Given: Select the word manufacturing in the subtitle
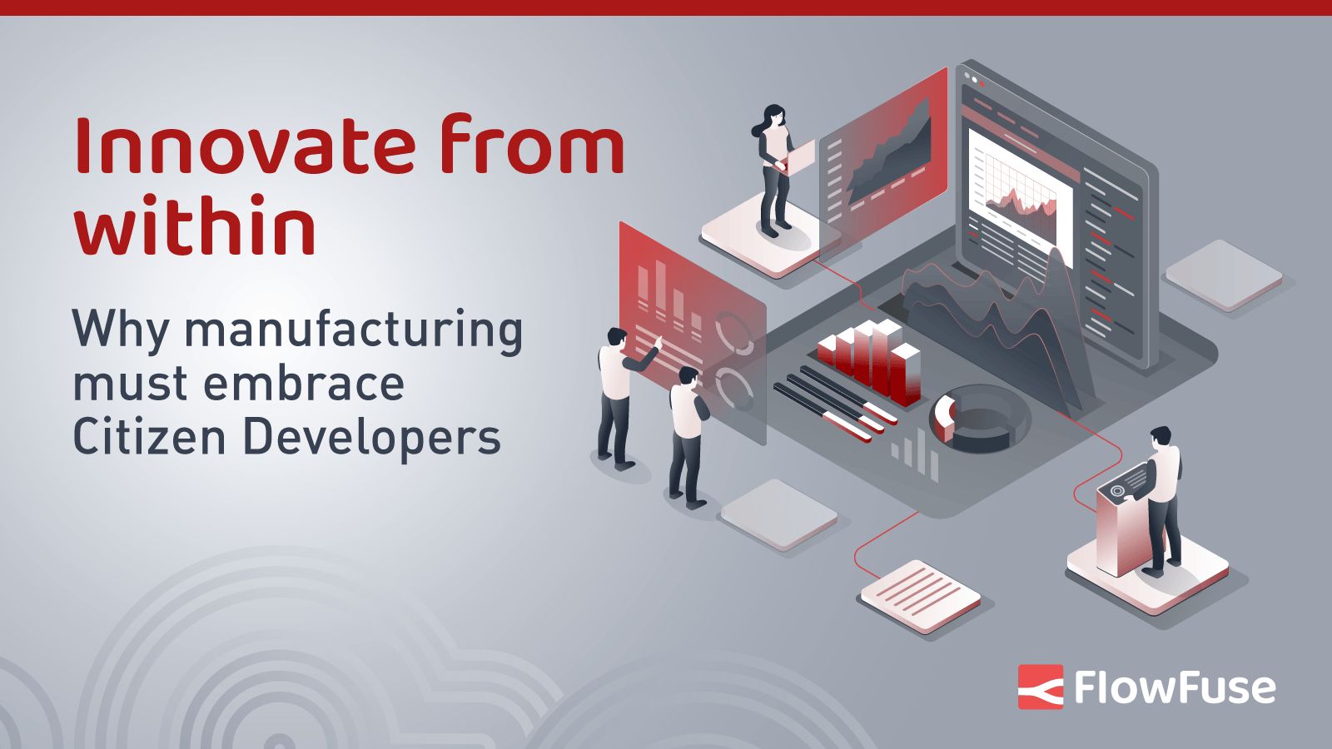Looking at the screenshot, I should tap(354, 330).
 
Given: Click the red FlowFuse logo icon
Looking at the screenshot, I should tap(1040, 687).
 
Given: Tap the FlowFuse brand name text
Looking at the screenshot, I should tap(1175, 687).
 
